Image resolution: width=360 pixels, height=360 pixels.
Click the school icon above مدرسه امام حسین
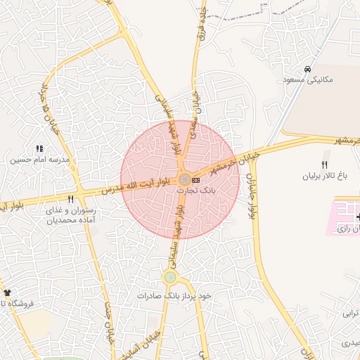click(39, 149)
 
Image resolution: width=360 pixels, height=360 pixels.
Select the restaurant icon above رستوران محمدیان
click(70, 200)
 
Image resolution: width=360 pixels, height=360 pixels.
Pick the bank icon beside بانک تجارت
click(195, 181)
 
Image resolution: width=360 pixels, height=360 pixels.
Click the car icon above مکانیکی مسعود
click(308, 69)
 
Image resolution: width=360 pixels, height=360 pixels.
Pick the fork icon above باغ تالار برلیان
click(324, 164)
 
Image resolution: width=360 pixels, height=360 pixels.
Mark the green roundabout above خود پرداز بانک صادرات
click(169, 278)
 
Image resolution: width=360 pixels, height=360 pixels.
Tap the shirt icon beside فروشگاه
click(7, 292)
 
